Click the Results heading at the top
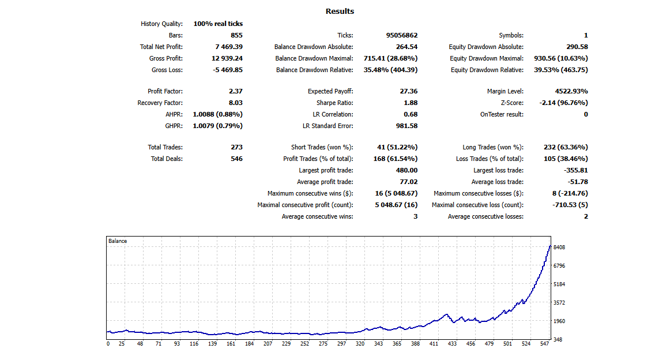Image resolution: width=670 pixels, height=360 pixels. coord(340,12)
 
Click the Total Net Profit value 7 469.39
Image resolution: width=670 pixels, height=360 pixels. coord(227,47)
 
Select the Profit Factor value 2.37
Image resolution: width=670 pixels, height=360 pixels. coord(235,91)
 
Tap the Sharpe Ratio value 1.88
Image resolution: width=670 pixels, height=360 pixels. coord(410,103)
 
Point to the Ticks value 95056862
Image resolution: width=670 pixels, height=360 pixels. coord(402,35)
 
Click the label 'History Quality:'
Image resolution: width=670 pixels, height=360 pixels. coord(161,24)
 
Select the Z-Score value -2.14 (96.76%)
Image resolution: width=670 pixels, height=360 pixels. coord(563,103)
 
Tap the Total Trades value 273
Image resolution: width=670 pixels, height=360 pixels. coord(236,147)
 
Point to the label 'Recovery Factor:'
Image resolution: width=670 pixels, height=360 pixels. coord(160,103)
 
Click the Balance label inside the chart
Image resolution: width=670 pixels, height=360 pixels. coord(118,241)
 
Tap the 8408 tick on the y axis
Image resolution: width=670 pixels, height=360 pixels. coord(559,247)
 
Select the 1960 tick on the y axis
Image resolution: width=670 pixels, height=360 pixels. coord(559,321)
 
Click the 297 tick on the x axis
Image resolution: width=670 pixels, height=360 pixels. coord(342,344)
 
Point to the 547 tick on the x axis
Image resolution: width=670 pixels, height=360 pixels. coord(544,344)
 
